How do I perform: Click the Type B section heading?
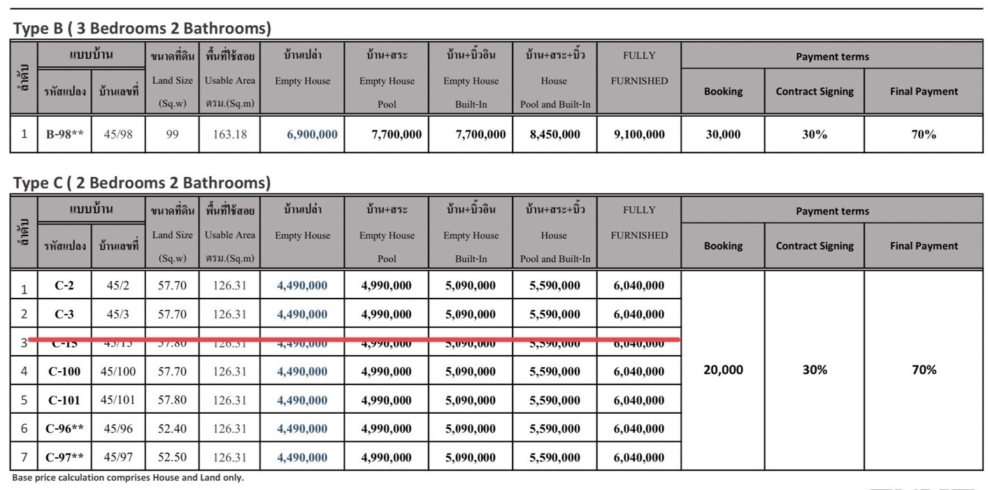[142, 29]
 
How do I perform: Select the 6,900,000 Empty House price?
[312, 134]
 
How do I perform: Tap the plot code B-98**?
[64, 134]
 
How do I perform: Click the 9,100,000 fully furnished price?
[639, 134]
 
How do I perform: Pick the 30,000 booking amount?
[723, 134]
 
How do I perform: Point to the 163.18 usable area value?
[230, 134]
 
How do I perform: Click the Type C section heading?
[142, 183]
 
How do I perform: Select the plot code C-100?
[64, 372]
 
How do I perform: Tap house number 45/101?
[118, 401]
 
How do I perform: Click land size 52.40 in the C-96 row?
[172, 429]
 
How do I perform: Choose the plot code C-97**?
[64, 458]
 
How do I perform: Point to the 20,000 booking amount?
[723, 370]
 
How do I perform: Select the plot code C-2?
[64, 285]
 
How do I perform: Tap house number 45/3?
[118, 315]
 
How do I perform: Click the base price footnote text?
[128, 478]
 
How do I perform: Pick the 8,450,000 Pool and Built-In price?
[554, 134]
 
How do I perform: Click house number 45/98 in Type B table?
[118, 134]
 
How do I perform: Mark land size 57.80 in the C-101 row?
[172, 401]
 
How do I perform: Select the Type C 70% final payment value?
[924, 370]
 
